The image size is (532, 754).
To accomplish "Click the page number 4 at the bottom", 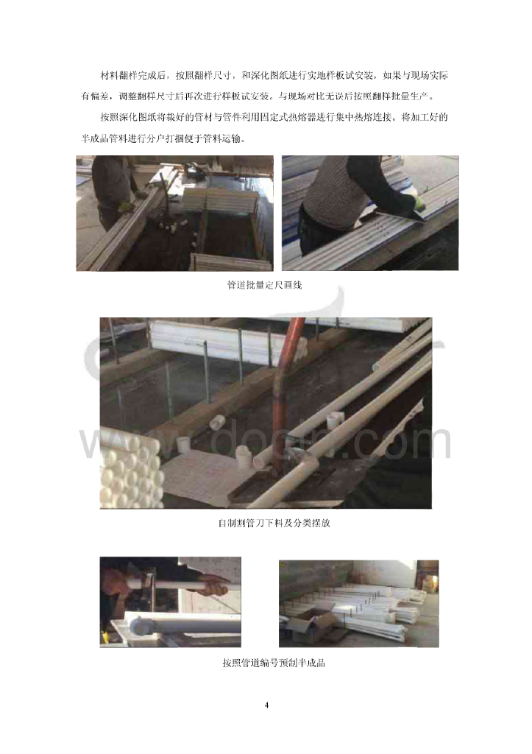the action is click(266, 705).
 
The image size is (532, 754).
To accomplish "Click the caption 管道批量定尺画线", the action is click(264, 285).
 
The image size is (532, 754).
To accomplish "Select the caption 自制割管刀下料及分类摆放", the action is click(274, 523).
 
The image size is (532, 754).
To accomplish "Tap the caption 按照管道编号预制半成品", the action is click(274, 663).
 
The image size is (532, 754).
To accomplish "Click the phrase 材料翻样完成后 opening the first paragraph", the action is click(133, 76).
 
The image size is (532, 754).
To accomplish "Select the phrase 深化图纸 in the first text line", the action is click(270, 76).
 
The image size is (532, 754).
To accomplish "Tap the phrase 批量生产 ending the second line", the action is click(410, 96).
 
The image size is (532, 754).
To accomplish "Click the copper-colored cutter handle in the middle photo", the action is click(288, 384).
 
